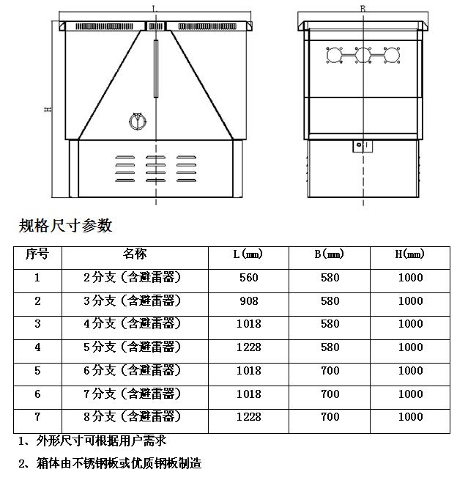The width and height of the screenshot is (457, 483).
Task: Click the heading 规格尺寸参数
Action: (65, 226)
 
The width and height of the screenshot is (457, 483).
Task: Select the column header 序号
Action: (37, 254)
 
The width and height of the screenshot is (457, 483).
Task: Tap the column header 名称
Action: (135, 254)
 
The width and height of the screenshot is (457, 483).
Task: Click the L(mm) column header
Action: (249, 255)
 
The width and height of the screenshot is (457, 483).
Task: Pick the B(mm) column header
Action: (330, 255)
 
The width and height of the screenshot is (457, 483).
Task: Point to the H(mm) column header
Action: (410, 255)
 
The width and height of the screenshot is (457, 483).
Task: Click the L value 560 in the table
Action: (249, 278)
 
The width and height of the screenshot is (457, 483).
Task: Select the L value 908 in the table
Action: (249, 301)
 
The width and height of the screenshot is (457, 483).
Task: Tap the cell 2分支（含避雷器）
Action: (133, 278)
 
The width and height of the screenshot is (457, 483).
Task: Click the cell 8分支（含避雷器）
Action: (133, 417)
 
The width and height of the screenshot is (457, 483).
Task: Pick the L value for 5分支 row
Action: (249, 347)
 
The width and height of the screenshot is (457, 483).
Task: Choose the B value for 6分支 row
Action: (330, 371)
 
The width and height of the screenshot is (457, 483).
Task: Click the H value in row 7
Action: (410, 417)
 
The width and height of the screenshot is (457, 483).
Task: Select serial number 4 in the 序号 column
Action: (37, 347)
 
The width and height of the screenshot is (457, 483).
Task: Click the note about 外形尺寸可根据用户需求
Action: (92, 440)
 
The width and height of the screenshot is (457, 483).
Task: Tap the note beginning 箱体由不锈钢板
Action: (110, 463)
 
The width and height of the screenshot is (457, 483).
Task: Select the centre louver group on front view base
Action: (155, 169)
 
